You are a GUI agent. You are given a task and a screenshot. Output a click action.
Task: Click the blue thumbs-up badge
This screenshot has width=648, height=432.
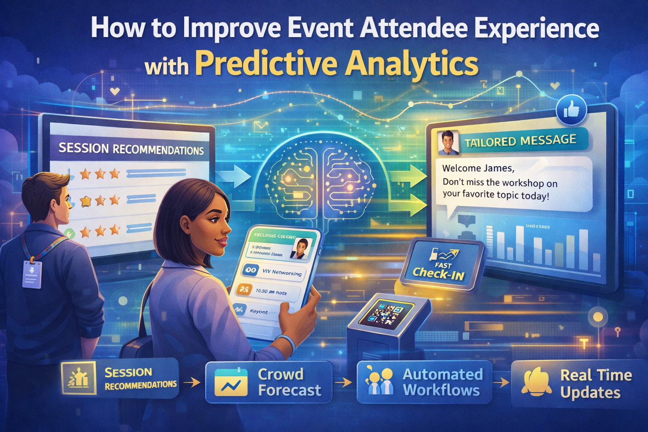tap(571, 111)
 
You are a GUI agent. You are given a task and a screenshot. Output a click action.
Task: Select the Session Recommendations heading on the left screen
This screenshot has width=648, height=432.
tap(131, 149)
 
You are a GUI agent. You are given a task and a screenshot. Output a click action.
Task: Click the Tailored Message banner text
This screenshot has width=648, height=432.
tap(521, 141)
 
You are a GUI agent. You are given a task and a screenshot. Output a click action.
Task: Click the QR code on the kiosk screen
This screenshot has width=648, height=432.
tap(384, 314)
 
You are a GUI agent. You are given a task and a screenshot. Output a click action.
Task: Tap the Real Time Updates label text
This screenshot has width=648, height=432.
tap(596, 383)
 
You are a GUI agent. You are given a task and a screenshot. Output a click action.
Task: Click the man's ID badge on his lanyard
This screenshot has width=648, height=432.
tap(32, 274)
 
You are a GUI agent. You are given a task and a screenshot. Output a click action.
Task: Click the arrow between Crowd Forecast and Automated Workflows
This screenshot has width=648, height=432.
tap(344, 382)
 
